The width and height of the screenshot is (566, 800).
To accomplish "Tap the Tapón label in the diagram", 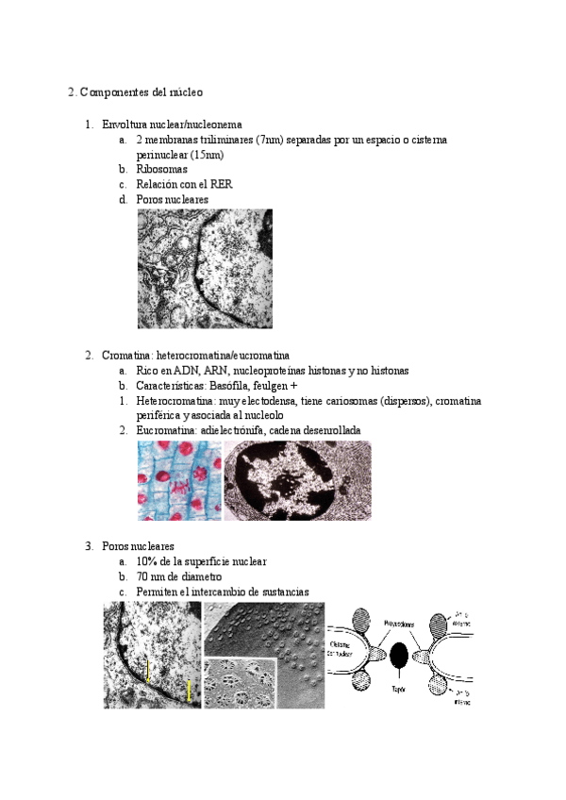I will coord(398,690).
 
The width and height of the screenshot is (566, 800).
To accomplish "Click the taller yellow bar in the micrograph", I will coord(190,691).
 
